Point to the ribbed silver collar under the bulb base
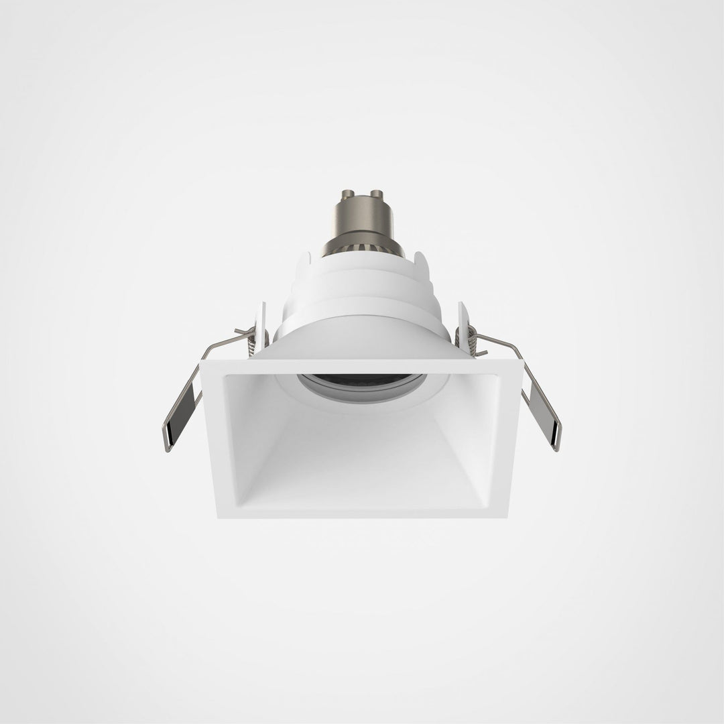tap(362, 251)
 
